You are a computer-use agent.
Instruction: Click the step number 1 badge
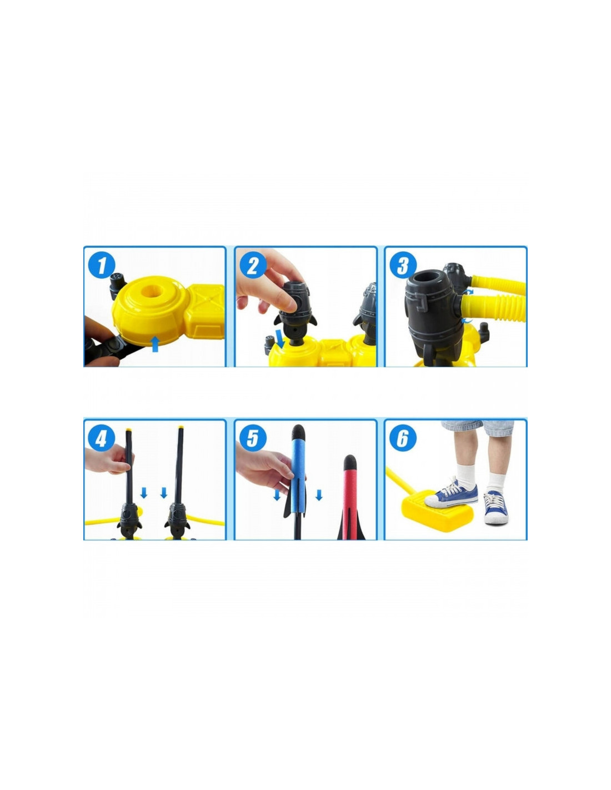coord(102,264)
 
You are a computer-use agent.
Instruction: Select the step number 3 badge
coord(403,264)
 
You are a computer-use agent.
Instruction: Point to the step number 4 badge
coord(102,438)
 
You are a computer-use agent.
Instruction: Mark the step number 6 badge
coord(403,438)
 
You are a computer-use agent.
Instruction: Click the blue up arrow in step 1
coord(155,344)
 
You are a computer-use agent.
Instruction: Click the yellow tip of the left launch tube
coord(128,429)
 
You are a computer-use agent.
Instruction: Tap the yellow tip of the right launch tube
coord(181,427)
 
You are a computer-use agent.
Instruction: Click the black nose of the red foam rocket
coord(350,461)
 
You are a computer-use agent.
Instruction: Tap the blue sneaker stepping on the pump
coord(452,494)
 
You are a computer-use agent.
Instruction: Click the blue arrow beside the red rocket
coord(319,495)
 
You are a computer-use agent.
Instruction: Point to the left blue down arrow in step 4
coord(144,493)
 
